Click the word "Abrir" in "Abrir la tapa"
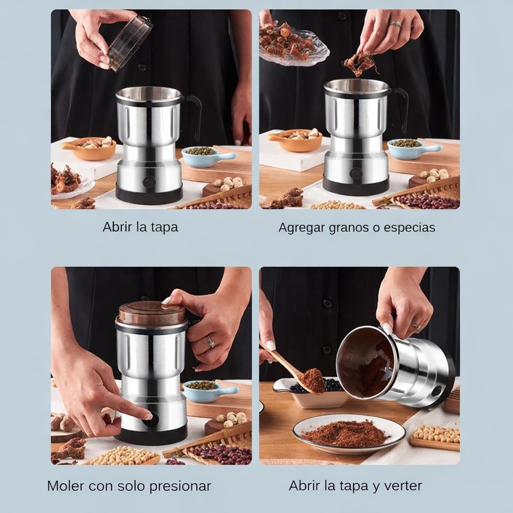click(x=117, y=227)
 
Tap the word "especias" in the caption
click(x=409, y=228)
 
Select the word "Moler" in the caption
click(x=66, y=486)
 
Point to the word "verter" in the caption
click(x=404, y=485)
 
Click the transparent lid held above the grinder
click(x=130, y=43)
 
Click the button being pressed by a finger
click(x=150, y=419)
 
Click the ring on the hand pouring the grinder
click(x=415, y=326)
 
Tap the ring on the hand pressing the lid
click(x=210, y=342)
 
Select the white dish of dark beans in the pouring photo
click(x=313, y=393)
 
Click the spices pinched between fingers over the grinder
click(x=359, y=64)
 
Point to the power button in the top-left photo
click(x=149, y=182)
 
